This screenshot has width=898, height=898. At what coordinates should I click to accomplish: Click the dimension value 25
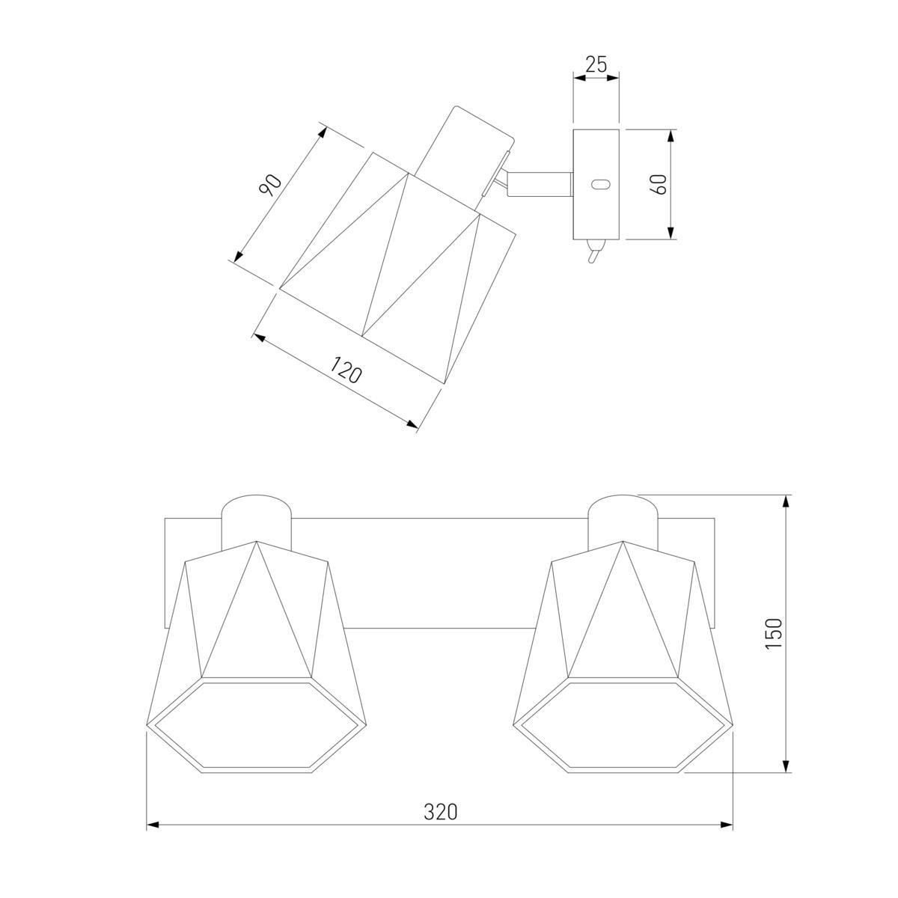click(596, 65)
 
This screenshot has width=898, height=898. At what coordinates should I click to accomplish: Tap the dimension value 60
click(661, 184)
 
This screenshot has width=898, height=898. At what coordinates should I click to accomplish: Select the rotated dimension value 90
click(270, 185)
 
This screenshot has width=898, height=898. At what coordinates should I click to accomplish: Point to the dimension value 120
click(345, 369)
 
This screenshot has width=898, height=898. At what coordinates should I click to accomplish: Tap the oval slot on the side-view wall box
click(600, 185)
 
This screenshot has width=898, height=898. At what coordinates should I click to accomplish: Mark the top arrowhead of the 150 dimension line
click(786, 502)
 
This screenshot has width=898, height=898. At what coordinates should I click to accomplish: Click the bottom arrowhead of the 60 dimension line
click(671, 233)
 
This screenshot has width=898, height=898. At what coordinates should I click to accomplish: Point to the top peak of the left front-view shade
click(257, 541)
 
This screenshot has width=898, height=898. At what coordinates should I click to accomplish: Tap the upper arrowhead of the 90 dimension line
click(322, 134)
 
